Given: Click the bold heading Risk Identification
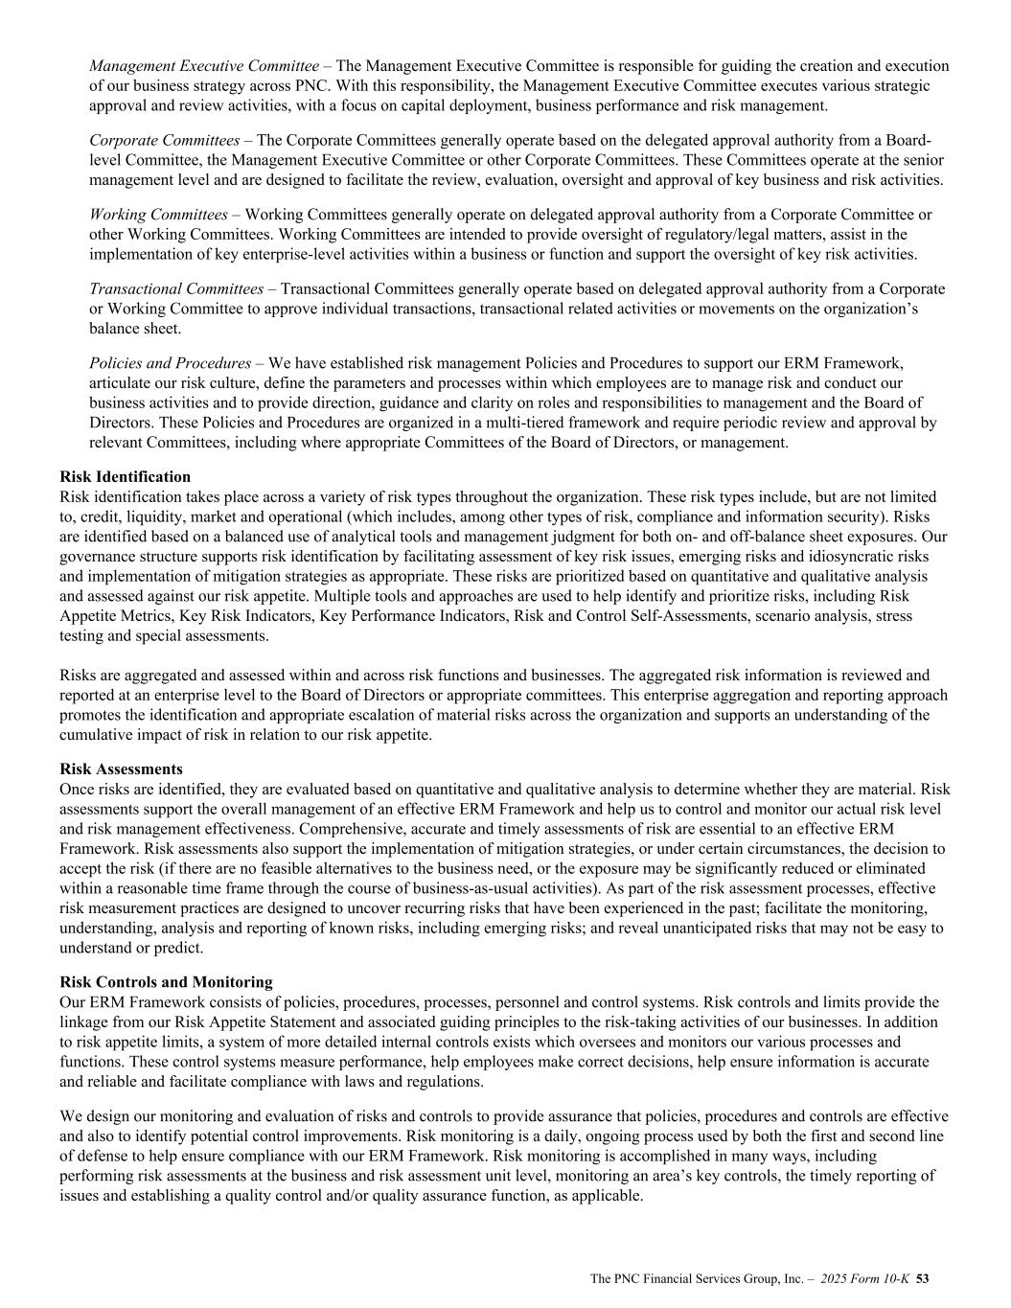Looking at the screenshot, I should tap(125, 476).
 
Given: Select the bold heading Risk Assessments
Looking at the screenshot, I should tap(121, 769).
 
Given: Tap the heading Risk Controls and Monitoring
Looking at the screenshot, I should tap(166, 981).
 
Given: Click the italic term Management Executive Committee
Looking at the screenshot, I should tap(204, 66).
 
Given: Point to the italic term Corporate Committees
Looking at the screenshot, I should tap(164, 140).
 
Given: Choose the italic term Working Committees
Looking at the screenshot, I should tap(158, 215).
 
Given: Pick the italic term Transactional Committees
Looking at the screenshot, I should tap(176, 288).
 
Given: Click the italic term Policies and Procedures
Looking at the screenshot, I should tap(170, 363).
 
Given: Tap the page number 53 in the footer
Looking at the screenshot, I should tap(924, 1278).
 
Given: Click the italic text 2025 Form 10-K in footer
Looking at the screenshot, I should tap(866, 1278).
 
